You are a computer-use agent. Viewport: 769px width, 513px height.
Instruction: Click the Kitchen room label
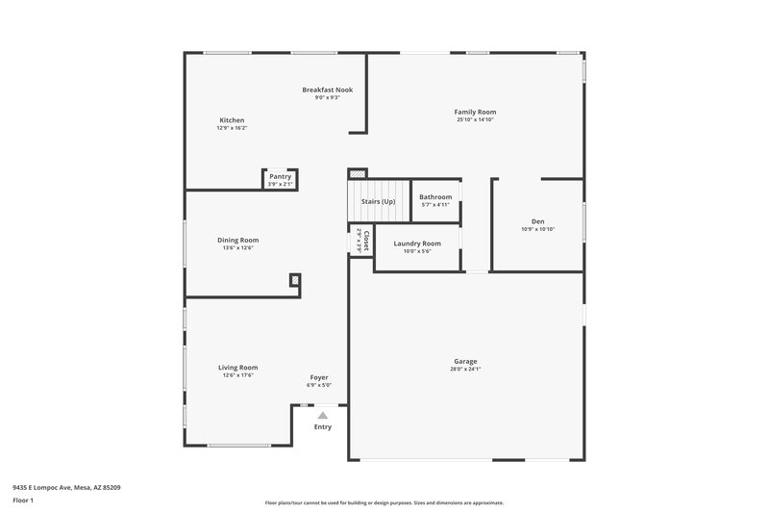[x=232, y=120]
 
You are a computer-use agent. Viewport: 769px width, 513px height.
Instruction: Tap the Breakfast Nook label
[x=327, y=90]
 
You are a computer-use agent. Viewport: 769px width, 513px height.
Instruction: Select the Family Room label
[x=475, y=112]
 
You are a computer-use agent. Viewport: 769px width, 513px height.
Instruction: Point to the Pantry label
[x=280, y=176]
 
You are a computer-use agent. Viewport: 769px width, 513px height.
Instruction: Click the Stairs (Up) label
[x=378, y=201]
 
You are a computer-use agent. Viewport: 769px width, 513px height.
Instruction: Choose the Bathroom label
[x=435, y=196]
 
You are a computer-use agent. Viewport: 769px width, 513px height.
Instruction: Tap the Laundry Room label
[x=417, y=244]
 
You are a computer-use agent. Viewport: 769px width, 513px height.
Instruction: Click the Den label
[x=538, y=220]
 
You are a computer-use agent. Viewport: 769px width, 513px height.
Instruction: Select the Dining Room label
[x=237, y=240]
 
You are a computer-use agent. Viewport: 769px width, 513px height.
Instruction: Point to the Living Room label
[x=237, y=367]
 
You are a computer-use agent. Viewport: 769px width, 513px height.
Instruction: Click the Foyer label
[x=319, y=377]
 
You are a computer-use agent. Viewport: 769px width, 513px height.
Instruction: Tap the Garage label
[x=465, y=361]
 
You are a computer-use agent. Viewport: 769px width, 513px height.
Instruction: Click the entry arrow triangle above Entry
[x=323, y=415]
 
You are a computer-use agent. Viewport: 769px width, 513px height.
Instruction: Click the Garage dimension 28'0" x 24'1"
[x=465, y=370]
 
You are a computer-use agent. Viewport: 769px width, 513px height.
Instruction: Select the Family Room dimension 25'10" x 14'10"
[x=475, y=120]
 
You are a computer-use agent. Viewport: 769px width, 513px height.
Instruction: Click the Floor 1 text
[x=23, y=501]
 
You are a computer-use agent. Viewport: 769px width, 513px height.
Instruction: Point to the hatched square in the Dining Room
[x=294, y=280]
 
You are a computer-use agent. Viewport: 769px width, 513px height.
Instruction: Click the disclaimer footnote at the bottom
[x=384, y=502]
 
